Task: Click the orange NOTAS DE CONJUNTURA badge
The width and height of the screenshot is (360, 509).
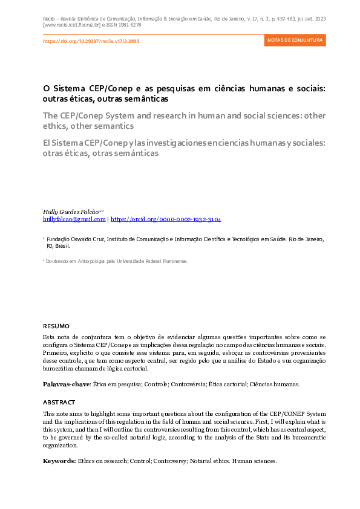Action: coord(295,41)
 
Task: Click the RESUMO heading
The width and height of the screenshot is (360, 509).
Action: coord(56,326)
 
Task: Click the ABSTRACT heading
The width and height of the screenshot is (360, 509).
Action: coord(59,402)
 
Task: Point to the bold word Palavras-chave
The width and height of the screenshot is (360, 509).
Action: coord(66,384)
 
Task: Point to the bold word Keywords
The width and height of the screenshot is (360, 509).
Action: coord(59,461)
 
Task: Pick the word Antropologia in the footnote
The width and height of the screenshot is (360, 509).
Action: coord(99,261)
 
